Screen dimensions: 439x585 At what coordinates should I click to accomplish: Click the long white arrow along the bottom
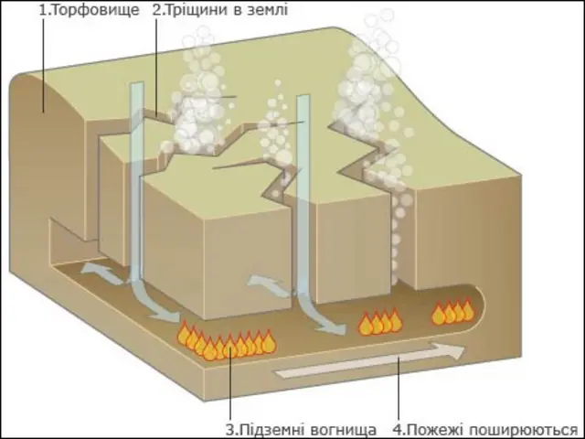366,362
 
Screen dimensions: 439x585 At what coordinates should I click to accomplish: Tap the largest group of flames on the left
227,342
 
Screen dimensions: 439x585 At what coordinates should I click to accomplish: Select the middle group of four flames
380,323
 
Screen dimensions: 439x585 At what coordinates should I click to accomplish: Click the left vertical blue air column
137,183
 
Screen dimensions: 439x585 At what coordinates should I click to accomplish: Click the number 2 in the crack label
157,11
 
